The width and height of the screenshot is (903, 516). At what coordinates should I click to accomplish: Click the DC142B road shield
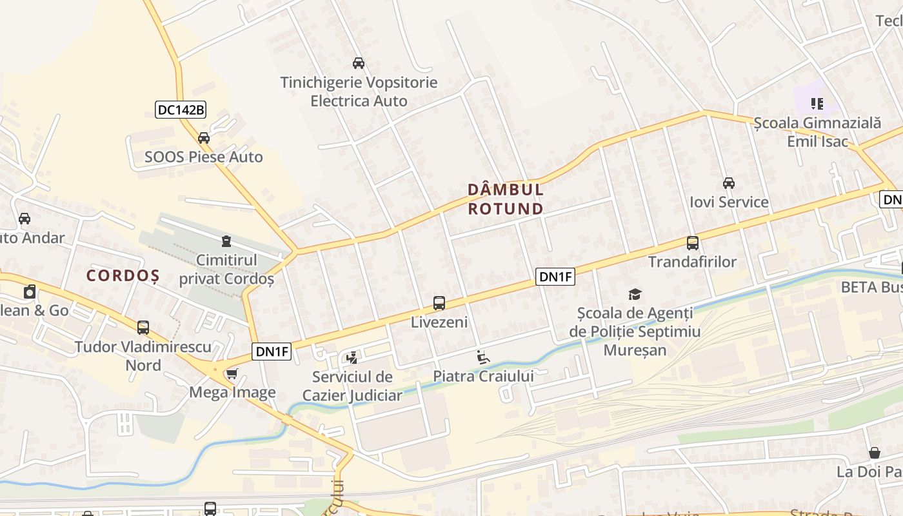point(181,110)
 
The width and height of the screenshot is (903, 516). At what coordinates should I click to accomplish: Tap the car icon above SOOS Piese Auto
point(204,137)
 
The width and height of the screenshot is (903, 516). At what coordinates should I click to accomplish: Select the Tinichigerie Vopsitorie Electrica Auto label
point(359,92)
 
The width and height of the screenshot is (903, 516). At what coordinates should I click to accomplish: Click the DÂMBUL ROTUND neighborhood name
point(506,199)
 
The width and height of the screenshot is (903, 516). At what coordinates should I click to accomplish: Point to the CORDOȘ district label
point(123,275)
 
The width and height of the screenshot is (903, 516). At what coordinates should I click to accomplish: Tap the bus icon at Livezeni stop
point(439,303)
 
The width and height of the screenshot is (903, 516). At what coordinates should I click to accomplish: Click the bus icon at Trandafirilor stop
point(693,243)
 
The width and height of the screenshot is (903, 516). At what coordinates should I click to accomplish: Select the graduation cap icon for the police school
point(635,294)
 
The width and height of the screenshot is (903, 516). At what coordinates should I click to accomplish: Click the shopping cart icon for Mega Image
point(232,373)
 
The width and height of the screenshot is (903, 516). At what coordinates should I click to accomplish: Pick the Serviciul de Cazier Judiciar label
point(352,386)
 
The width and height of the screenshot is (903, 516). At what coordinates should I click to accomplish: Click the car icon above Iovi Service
point(729,183)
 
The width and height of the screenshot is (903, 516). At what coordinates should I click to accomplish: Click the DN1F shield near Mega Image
point(272,352)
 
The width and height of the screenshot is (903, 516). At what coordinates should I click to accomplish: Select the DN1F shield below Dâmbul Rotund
point(555,277)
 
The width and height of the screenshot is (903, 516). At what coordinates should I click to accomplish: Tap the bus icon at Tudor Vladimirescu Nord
point(143,328)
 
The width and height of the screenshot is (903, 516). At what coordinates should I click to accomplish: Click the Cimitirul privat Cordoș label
point(226,270)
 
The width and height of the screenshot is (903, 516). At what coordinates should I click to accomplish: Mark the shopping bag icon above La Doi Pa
point(875,453)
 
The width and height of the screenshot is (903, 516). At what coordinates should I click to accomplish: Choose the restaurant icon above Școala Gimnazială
point(817,103)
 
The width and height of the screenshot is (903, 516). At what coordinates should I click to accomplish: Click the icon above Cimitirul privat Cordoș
point(226,241)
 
